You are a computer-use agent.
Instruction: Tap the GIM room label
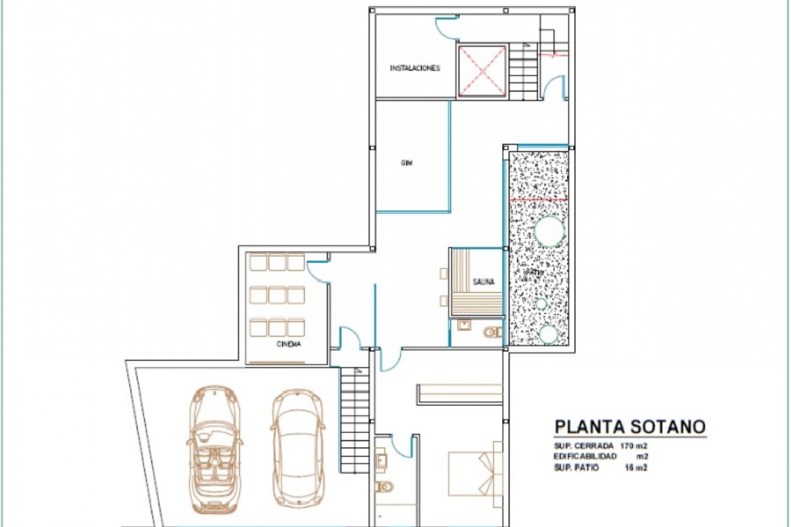click(407, 163)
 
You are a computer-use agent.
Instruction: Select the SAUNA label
click(483, 282)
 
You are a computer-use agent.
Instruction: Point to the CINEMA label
click(288, 344)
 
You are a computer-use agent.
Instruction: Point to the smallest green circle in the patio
click(541, 304)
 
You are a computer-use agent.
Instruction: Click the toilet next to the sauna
click(492, 331)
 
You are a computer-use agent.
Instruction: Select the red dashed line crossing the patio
click(539, 199)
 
